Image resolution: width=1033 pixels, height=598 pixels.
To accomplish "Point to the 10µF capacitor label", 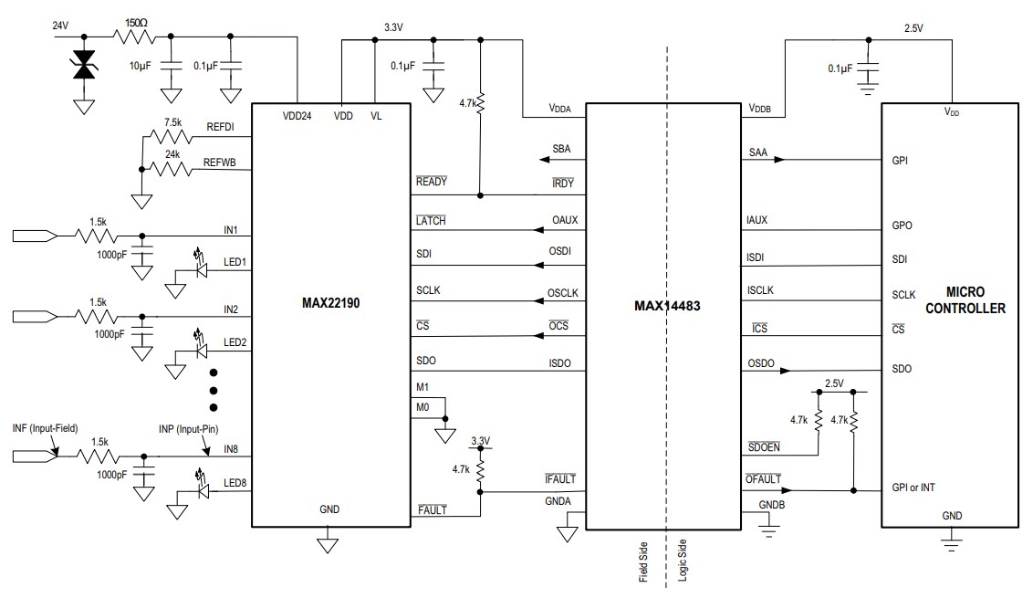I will coord(142,67).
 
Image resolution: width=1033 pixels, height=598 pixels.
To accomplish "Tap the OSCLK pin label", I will coord(563,293).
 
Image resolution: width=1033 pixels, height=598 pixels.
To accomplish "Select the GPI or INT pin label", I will coord(913,488).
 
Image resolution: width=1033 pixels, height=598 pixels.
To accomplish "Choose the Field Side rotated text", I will coord(644,559).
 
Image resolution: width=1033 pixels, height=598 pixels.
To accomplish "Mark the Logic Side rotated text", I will coord(682,559).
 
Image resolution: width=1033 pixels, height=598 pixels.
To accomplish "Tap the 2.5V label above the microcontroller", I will coord(913,28).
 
